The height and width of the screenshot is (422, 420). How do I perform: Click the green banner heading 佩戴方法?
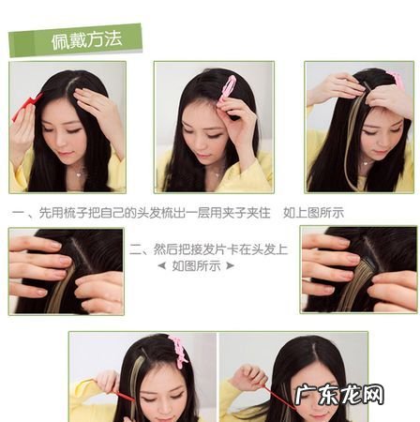(x=75, y=40)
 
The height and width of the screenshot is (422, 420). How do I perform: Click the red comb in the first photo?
(x=26, y=107)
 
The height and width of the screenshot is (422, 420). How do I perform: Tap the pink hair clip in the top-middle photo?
(x=228, y=89)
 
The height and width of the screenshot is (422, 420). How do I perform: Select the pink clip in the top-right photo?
(x=396, y=77)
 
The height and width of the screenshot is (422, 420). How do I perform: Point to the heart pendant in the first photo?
(x=79, y=174)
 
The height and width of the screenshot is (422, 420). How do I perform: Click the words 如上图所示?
(x=313, y=213)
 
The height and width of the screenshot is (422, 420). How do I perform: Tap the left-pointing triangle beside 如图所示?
(x=162, y=266)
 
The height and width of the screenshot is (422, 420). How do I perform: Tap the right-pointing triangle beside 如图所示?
(x=230, y=266)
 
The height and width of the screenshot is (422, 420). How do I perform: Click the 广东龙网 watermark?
(x=339, y=395)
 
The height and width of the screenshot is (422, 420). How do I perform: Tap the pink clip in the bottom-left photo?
(x=178, y=351)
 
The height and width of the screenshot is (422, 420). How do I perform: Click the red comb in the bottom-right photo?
(x=279, y=397)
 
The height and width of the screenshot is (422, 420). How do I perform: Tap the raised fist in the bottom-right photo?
(x=249, y=376)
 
